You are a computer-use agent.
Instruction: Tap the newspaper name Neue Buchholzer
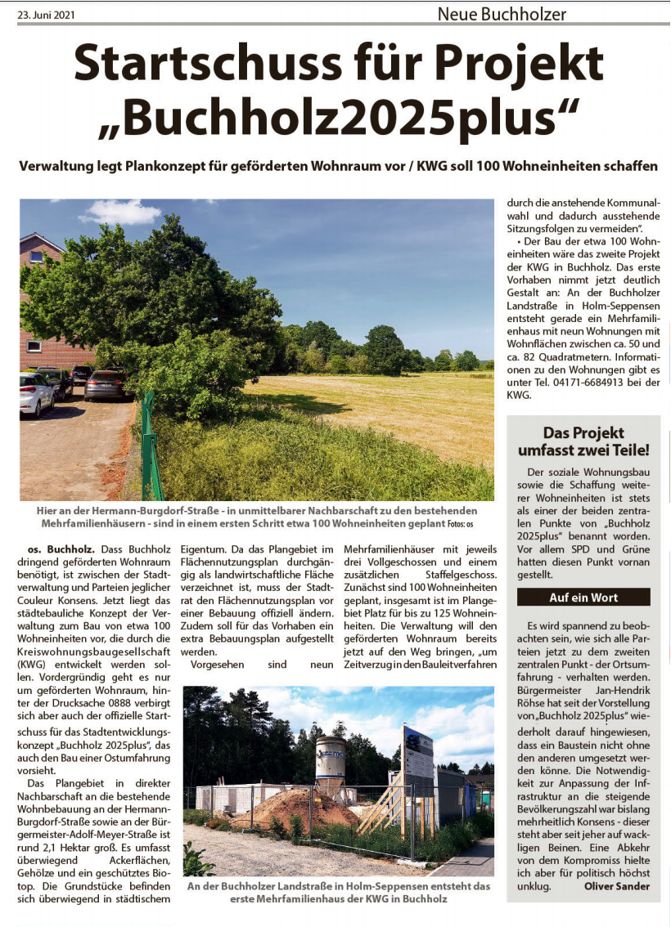coord(502,14)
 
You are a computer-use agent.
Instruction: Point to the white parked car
coord(34,393)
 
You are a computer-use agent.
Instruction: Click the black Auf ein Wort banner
coord(583,598)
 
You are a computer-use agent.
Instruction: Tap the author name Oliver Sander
coord(617,886)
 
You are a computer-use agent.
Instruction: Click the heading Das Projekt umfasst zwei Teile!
coord(583,441)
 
